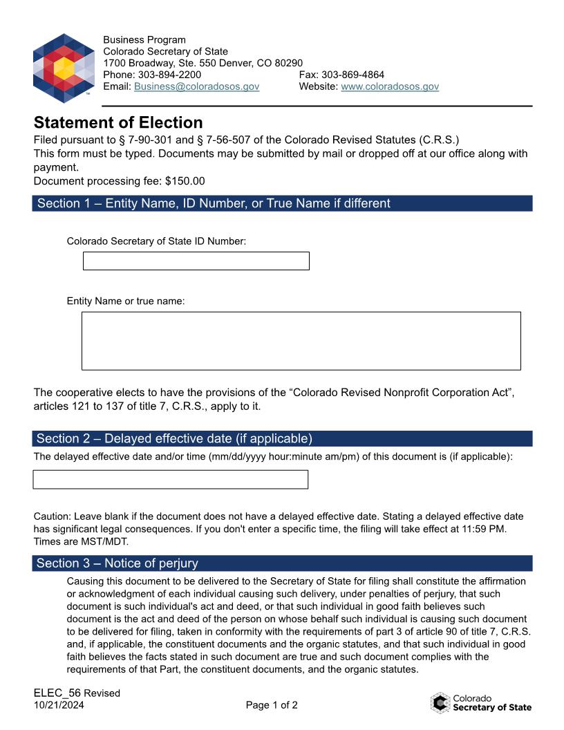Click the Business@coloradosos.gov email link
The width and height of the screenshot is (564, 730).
(196, 86)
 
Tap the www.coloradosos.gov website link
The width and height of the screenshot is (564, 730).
(390, 86)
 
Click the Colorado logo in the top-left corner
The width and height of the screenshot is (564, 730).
(63, 68)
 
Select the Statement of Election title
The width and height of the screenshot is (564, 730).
(118, 122)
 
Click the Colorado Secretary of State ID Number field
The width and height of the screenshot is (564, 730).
(196, 261)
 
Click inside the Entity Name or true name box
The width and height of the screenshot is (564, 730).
(301, 341)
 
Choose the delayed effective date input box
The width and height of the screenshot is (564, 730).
(170, 479)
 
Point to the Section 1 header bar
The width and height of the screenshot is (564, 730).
(282, 203)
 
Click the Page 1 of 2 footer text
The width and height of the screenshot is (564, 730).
(272, 705)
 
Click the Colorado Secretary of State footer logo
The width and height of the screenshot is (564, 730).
(481, 702)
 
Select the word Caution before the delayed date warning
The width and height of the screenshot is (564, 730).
(52, 516)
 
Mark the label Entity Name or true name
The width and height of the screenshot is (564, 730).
(126, 301)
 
